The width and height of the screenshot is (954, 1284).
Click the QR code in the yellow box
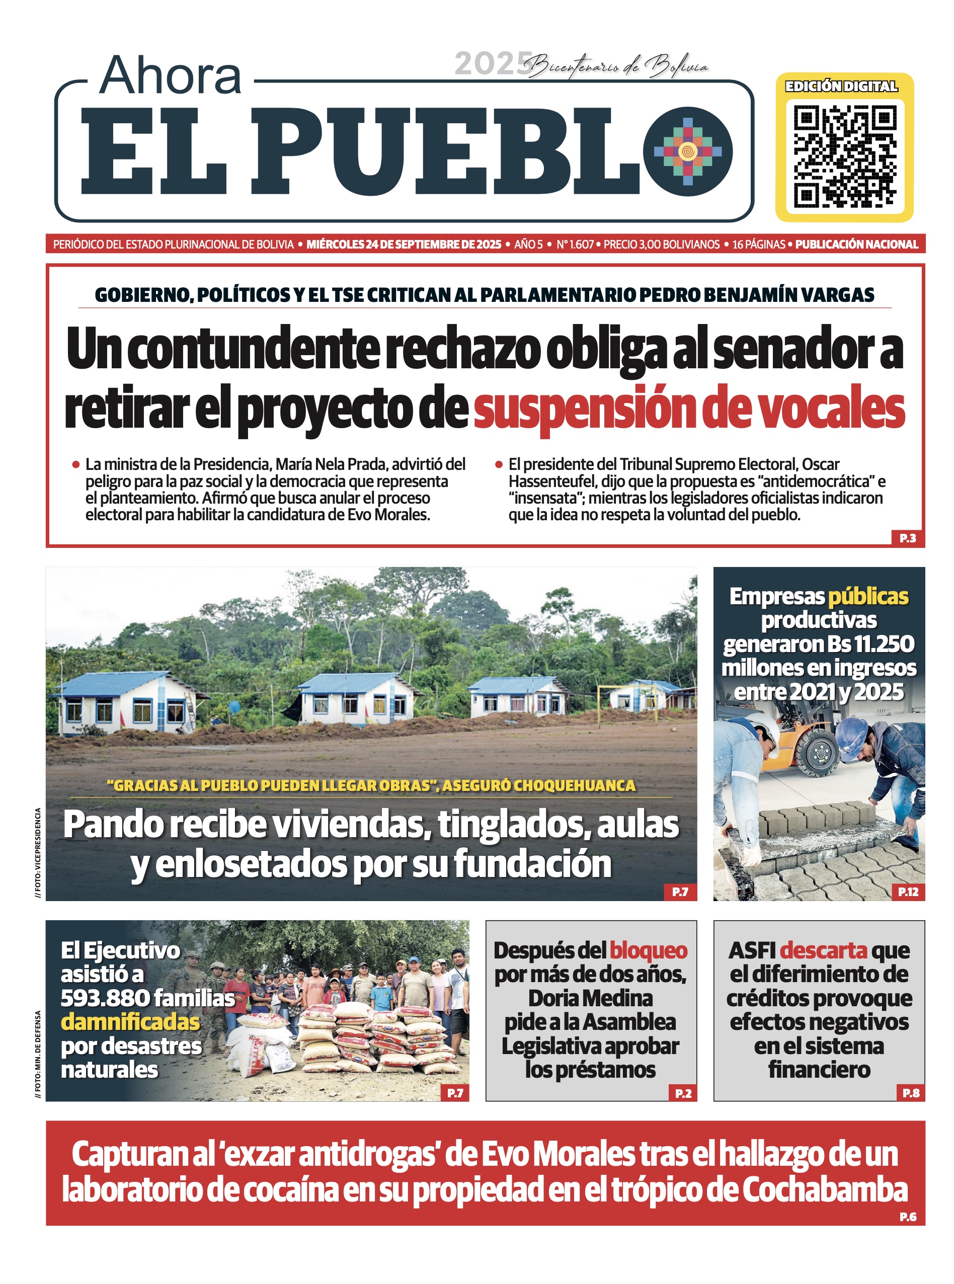click(x=844, y=156)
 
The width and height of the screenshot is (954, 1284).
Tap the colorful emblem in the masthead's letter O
click(x=687, y=151)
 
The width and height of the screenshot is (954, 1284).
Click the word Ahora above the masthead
click(x=171, y=75)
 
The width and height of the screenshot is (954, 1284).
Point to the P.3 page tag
click(x=907, y=538)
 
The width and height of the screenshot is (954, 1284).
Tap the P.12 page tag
click(x=908, y=892)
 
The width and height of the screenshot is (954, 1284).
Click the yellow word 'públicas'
click(x=868, y=596)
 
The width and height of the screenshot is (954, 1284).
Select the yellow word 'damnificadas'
click(x=130, y=1022)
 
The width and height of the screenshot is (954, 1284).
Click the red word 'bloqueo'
click(x=648, y=950)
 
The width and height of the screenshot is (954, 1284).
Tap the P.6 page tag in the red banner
click(x=908, y=1217)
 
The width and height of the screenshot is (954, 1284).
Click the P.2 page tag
click(x=683, y=1093)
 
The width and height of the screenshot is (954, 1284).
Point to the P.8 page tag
click(x=911, y=1093)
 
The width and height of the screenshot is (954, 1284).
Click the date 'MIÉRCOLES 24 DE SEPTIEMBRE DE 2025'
click(x=404, y=244)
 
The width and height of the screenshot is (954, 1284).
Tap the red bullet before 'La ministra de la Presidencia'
click(x=75, y=464)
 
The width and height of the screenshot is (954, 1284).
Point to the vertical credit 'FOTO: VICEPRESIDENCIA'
click(x=38, y=852)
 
